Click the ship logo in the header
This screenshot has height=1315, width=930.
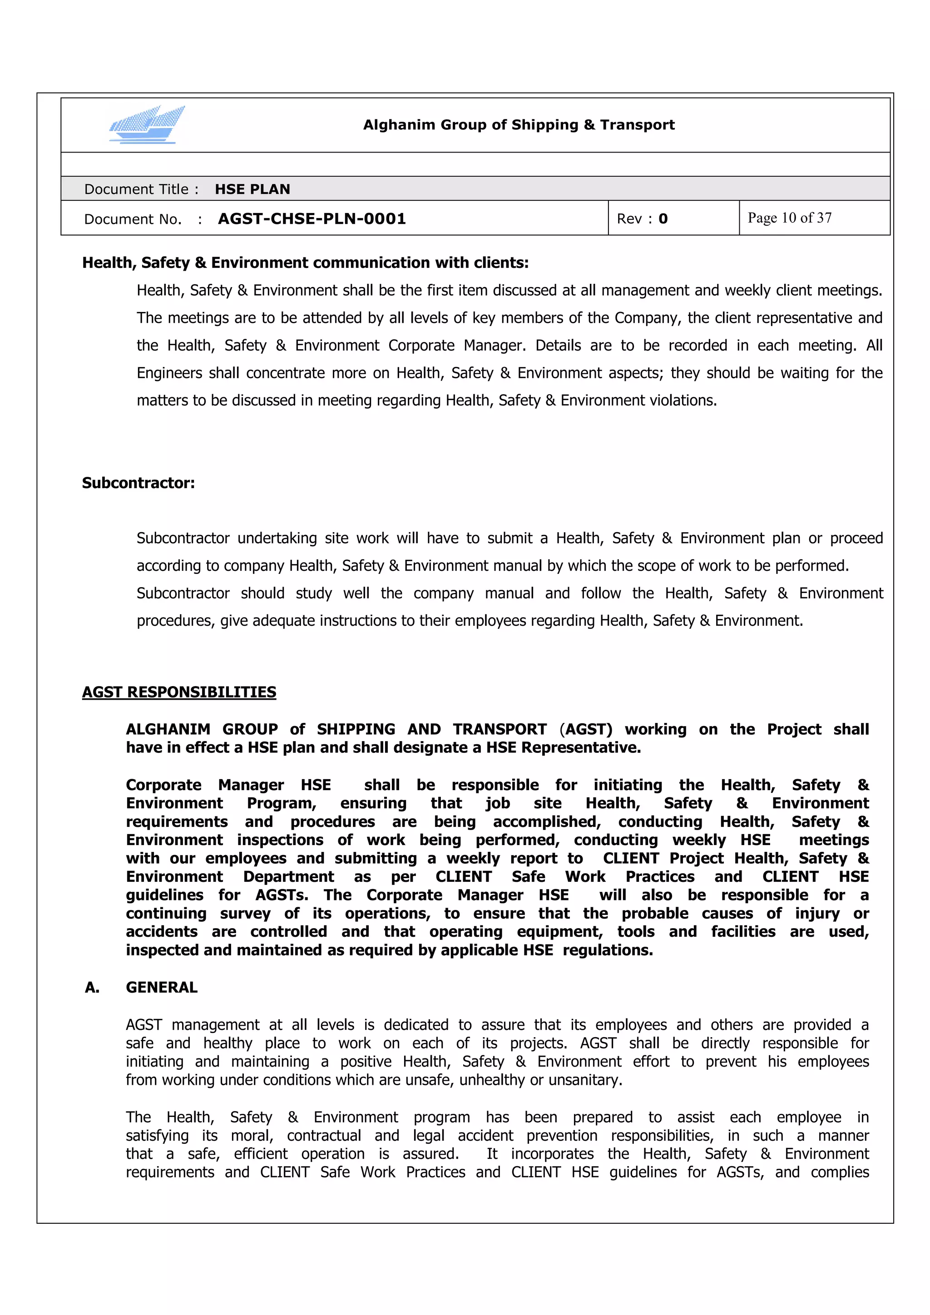tap(147, 124)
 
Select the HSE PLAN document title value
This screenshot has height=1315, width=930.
tap(252, 189)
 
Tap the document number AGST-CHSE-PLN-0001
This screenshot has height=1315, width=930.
tap(312, 219)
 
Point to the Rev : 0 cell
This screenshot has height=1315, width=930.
tap(642, 219)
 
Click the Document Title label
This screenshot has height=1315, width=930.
tap(141, 189)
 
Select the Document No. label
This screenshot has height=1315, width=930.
tap(132, 219)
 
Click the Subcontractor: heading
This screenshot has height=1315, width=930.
tap(138, 483)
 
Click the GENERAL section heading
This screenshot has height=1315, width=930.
tap(162, 988)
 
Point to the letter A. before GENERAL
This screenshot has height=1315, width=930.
tap(92, 988)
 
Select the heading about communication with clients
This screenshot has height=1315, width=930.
tap(305, 263)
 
